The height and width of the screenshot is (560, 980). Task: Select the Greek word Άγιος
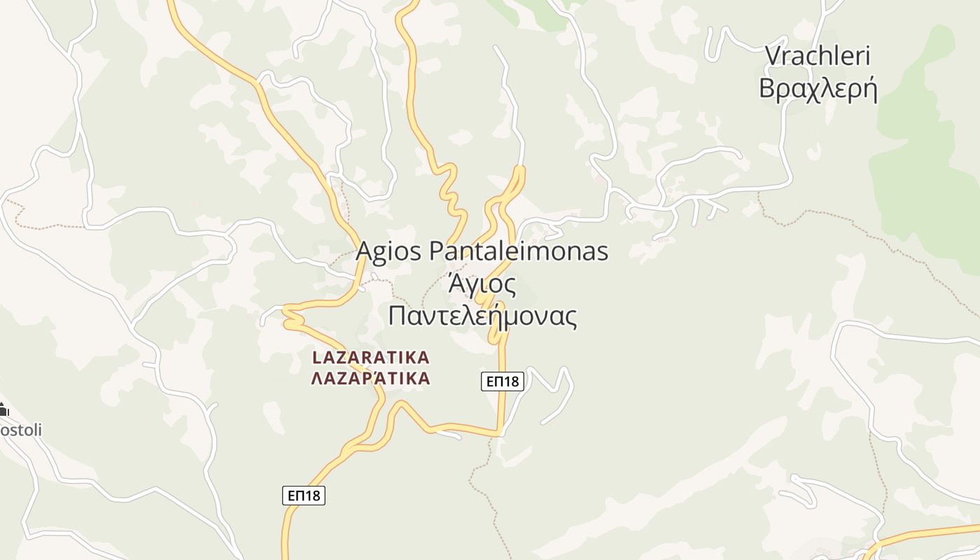point(482,284)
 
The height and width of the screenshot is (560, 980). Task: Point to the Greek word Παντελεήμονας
point(482,316)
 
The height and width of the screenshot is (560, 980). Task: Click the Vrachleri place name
point(817,57)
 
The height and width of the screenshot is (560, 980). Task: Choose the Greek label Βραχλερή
point(818,90)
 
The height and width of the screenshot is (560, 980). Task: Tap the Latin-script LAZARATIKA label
point(370,358)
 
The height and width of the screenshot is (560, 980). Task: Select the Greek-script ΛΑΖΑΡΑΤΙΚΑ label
point(370,379)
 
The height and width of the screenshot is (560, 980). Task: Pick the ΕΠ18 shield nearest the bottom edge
point(304,496)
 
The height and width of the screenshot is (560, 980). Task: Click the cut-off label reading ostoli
point(20,429)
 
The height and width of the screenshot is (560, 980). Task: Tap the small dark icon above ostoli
point(3,409)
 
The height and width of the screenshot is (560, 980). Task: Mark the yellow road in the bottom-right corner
point(924,532)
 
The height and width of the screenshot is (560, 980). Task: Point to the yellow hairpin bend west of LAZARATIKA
point(287,316)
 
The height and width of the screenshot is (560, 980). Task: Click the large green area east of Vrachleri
point(924,154)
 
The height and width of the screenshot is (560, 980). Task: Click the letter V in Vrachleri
point(773,57)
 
